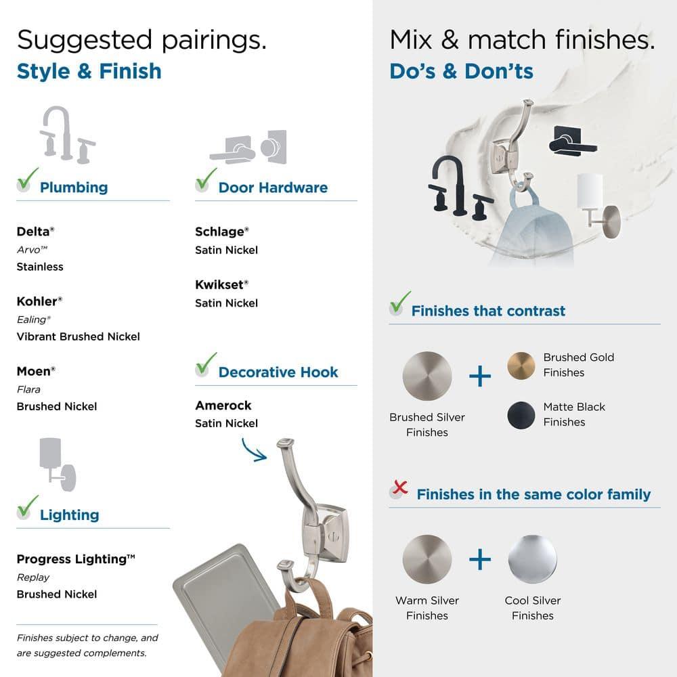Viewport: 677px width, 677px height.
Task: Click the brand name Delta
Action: (x=33, y=232)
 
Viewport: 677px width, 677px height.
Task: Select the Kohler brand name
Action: (x=37, y=301)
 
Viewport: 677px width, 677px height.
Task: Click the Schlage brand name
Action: (x=219, y=232)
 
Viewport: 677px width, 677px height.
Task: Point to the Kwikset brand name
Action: (x=219, y=284)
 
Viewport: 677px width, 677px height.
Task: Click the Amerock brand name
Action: (x=223, y=406)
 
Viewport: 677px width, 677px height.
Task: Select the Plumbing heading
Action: (x=74, y=188)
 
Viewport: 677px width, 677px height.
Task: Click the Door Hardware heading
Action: (x=273, y=188)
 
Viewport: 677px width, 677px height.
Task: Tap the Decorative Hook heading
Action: (x=278, y=372)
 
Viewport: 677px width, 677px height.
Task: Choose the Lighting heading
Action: (x=70, y=515)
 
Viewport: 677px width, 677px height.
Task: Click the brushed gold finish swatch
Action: (x=521, y=366)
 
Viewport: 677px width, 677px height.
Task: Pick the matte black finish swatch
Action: (x=521, y=415)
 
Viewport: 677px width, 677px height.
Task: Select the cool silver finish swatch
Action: (x=532, y=559)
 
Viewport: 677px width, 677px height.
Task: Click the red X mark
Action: (x=400, y=487)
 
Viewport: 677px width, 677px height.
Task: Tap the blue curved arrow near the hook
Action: (x=254, y=450)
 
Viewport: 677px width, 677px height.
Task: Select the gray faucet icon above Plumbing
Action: (x=67, y=135)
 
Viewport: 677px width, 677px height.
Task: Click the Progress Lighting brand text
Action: (x=76, y=559)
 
